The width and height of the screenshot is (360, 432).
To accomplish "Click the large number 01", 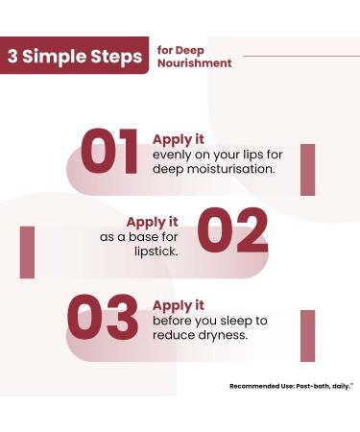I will pyautogui.click(x=109, y=153).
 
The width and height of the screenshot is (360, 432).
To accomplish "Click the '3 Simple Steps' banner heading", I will pyautogui.click(x=75, y=56).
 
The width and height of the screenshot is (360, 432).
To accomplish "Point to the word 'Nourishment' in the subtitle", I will pyautogui.click(x=194, y=63).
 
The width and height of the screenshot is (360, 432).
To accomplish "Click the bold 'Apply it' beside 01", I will pyautogui.click(x=179, y=138).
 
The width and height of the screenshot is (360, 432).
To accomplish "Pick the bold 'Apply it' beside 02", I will pyautogui.click(x=153, y=221).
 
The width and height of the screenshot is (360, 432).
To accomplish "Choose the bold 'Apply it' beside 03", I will pyautogui.click(x=179, y=305).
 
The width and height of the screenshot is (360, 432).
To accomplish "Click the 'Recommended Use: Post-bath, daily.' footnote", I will pyautogui.click(x=291, y=386).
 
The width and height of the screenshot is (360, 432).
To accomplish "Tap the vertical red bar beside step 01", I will pyautogui.click(x=307, y=169).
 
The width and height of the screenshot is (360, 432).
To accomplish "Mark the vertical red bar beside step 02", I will pyautogui.click(x=27, y=252).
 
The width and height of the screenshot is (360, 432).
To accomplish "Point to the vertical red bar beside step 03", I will pyautogui.click(x=307, y=335).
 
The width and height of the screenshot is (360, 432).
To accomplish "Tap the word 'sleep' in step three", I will pyautogui.click(x=233, y=321).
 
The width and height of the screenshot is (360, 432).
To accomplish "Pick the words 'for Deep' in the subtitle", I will pyautogui.click(x=179, y=50).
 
